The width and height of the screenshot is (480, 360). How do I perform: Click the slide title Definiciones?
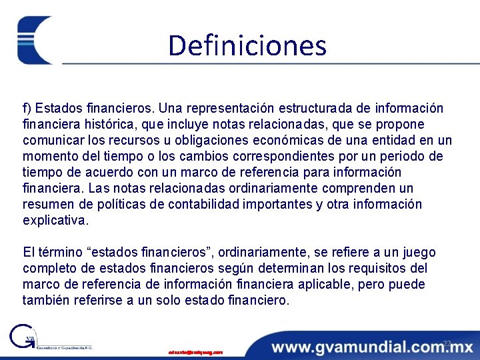tap(247, 46)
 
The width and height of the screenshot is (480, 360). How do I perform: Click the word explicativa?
tap(55, 220)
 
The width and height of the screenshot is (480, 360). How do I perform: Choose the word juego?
tap(418, 252)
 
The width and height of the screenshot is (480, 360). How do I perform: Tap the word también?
tap(47, 300)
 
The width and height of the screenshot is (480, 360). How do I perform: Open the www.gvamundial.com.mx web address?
tap(372, 347)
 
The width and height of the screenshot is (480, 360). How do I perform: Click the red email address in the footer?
tap(195, 351)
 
